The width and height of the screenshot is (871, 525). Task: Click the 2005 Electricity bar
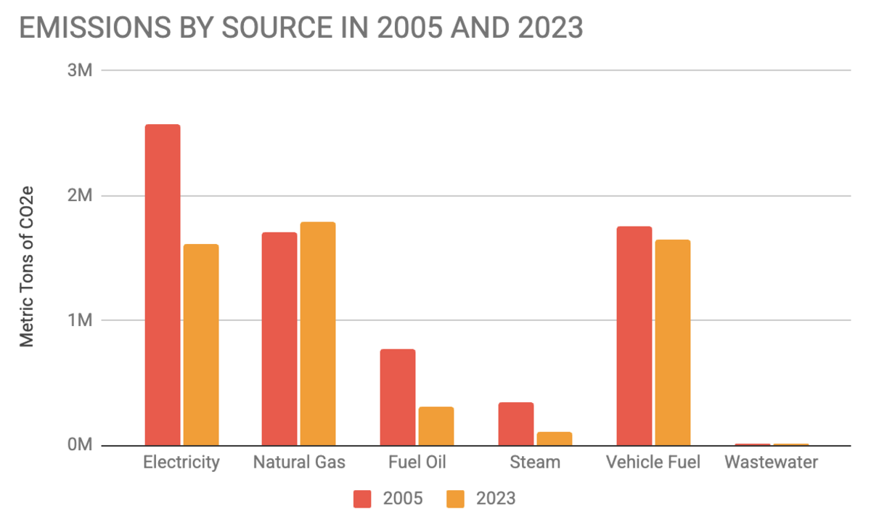(x=163, y=285)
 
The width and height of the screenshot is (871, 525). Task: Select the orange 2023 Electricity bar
(x=201, y=345)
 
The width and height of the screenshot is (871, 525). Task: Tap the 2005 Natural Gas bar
(x=279, y=339)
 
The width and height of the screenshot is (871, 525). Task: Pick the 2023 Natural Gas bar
(x=318, y=334)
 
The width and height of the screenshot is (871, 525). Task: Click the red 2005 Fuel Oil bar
(x=398, y=397)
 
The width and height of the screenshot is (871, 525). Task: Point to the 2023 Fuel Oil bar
(x=436, y=426)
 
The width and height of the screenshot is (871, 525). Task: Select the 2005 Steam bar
(x=516, y=424)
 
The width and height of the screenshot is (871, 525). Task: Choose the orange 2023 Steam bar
(x=555, y=439)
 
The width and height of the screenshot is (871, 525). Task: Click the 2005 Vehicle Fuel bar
(x=634, y=336)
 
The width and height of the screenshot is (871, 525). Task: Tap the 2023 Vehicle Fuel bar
(x=673, y=343)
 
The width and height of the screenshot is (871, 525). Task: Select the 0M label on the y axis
(x=80, y=445)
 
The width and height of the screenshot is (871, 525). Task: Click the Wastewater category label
(x=772, y=463)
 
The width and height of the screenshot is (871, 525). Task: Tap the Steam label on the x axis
(x=535, y=463)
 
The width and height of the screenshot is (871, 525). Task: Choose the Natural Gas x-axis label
(x=299, y=463)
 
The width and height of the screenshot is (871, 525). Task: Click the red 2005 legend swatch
(x=362, y=499)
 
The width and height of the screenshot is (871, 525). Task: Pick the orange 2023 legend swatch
(x=456, y=499)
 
